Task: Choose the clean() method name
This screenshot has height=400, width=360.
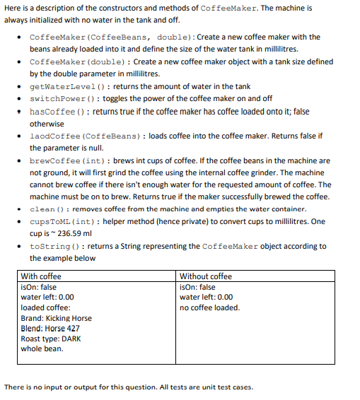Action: pos(48,209)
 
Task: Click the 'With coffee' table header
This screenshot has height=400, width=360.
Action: pos(41,276)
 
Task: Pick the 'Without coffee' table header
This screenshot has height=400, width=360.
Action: pos(206,276)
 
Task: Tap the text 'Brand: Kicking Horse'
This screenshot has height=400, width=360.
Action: pos(57,318)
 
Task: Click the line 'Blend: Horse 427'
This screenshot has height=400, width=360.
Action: pos(50,328)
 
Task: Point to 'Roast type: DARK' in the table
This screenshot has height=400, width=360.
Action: pos(51,339)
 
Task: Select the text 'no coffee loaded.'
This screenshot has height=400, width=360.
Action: pos(210,307)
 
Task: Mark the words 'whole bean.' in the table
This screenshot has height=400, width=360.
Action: pos(42,348)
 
